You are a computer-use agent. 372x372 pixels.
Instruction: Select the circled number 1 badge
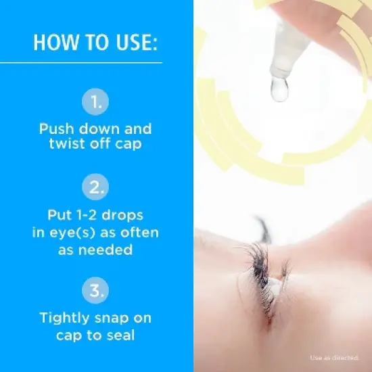tap(95, 103)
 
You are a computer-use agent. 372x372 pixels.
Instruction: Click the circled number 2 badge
tap(95, 186)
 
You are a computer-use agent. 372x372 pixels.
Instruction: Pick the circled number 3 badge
tap(95, 292)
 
